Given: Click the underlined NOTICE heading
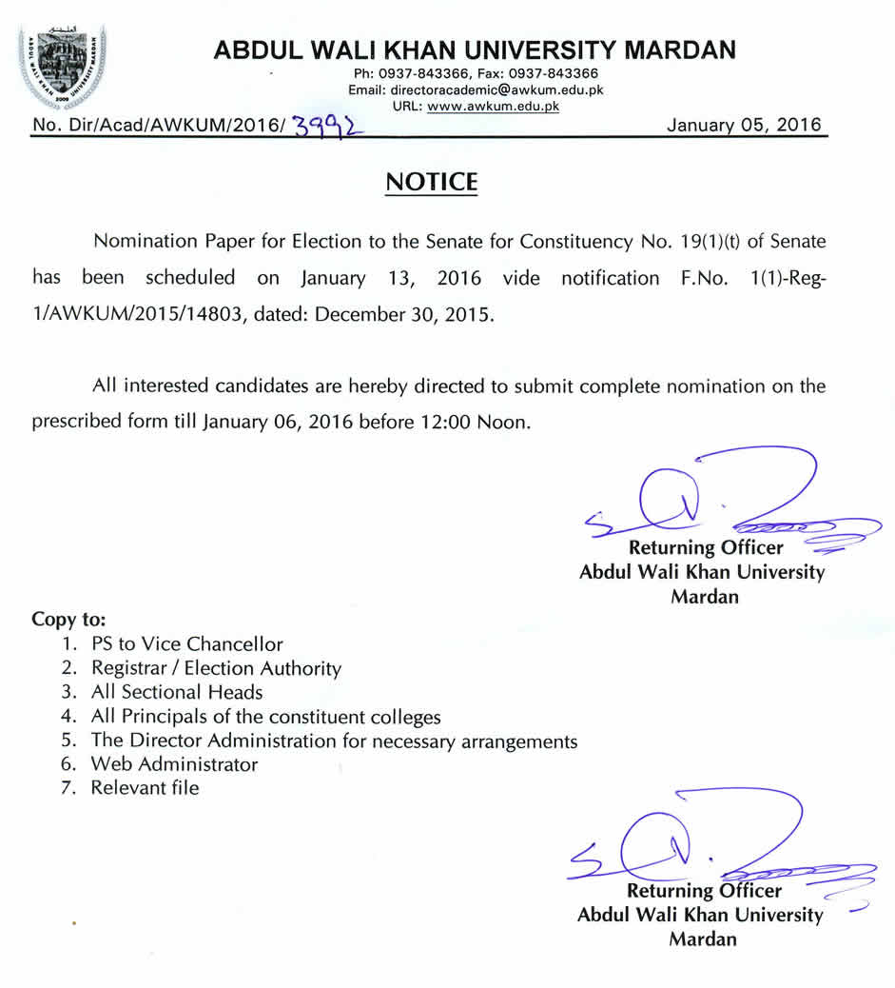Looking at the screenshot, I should [x=431, y=182].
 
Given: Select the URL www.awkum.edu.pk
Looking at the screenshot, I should [x=493, y=107].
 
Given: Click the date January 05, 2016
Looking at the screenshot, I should [x=745, y=126].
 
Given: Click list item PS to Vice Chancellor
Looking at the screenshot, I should [x=186, y=644].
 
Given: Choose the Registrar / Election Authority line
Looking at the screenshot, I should [x=216, y=668].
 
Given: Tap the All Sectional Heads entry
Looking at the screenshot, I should [x=177, y=692].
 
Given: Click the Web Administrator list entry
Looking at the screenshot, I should [x=174, y=763].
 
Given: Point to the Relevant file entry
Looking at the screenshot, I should [x=145, y=787].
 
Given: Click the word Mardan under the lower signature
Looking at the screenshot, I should [x=703, y=939].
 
